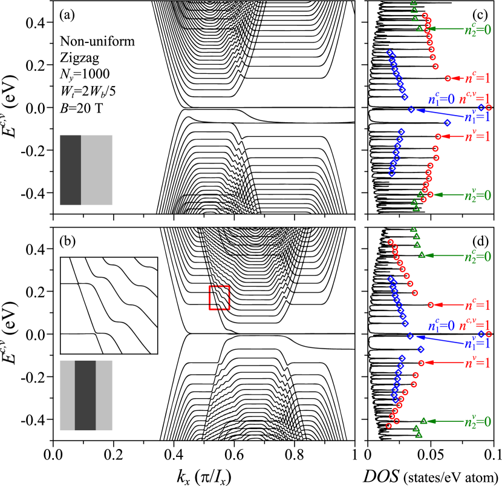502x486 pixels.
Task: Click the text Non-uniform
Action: tap(97, 41)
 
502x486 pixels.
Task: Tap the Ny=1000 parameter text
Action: tap(85, 74)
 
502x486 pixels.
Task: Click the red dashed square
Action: tap(219, 298)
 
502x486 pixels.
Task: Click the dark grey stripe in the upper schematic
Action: tap(70, 170)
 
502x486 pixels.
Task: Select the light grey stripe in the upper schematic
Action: tap(97, 170)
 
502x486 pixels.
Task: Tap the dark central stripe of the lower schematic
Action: tap(85, 395)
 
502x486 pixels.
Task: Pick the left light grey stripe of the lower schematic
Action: tap(67, 395)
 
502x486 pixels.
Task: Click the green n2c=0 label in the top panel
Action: tap(478, 29)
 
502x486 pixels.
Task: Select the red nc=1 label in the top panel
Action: tap(477, 78)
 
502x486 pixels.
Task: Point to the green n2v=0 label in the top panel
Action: tap(478, 195)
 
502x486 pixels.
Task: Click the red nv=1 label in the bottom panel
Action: tap(477, 363)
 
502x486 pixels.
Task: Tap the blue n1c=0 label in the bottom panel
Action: tap(441, 326)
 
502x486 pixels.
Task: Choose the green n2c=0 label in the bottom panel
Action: tap(478, 256)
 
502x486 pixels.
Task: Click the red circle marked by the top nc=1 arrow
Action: tap(448, 78)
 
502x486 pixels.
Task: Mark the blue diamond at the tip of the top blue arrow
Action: tap(411, 110)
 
